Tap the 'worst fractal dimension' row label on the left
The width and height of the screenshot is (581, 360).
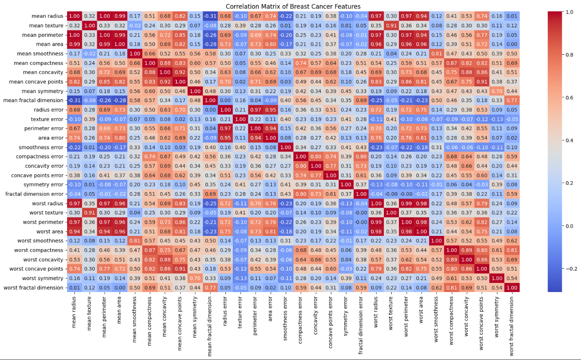coord(34,287)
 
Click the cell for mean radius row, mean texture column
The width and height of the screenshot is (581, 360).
coord(89,16)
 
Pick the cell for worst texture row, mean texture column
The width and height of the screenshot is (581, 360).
coord(89,213)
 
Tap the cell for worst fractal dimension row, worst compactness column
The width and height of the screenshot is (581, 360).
coord(450,287)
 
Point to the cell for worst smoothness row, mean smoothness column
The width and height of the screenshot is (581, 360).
coord(134,241)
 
